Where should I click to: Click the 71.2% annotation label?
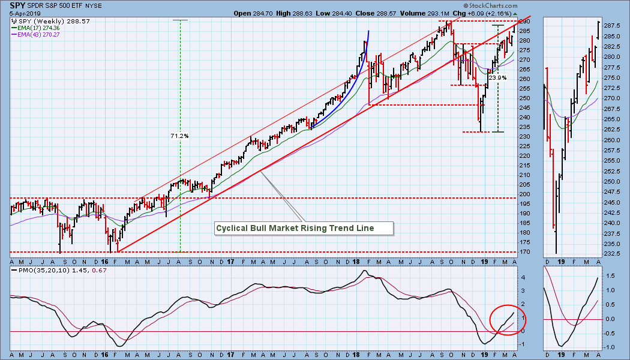(x=179, y=136)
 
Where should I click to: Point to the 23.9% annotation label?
(x=497, y=78)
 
